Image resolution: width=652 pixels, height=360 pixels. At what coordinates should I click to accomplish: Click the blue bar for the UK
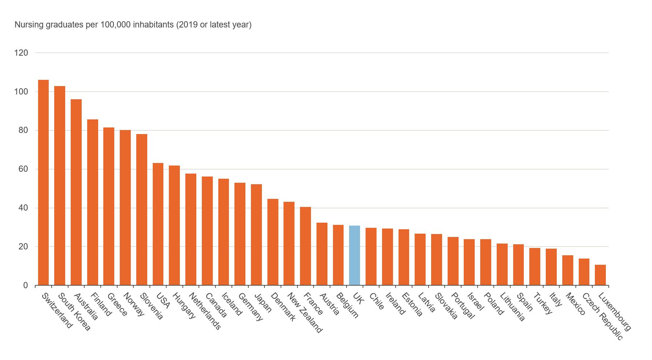click(354, 255)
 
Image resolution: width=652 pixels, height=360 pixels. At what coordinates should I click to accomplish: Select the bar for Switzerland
click(43, 182)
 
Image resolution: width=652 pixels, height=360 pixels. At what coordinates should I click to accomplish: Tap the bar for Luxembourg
click(600, 275)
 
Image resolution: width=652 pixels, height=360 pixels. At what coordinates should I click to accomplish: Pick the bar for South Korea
click(60, 185)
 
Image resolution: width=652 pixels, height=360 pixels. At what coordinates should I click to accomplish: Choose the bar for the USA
click(158, 224)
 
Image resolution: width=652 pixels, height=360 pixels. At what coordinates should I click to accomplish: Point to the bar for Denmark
click(273, 242)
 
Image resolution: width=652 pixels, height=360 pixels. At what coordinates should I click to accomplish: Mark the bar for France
click(305, 246)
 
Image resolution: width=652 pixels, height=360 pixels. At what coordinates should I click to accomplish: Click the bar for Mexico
click(567, 270)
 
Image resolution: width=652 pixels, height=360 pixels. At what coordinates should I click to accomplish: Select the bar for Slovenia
click(142, 209)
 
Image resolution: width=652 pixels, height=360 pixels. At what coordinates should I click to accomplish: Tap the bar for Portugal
click(453, 261)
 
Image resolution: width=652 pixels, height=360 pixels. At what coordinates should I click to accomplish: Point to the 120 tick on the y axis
click(21, 53)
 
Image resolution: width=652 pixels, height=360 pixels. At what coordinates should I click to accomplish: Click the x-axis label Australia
click(86, 307)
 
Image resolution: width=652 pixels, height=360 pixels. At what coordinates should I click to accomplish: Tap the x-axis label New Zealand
click(304, 313)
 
